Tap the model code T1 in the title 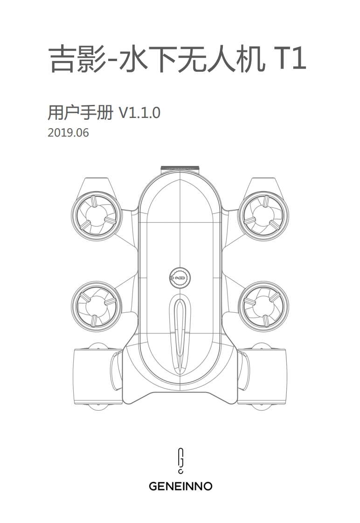(288, 59)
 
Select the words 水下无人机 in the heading (188, 60)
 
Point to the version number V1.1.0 (139, 113)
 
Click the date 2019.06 (68, 133)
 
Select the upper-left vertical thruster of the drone (96, 214)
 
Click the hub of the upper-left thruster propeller (96, 214)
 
